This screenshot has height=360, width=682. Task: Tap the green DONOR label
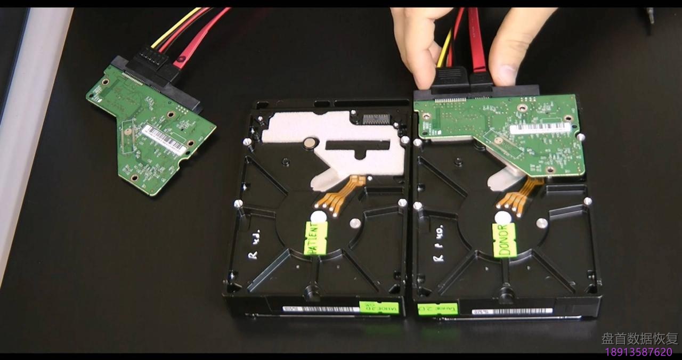click(x=504, y=240)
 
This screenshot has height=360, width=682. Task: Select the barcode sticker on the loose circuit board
click(x=164, y=140)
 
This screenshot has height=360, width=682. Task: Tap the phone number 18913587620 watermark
click(x=638, y=352)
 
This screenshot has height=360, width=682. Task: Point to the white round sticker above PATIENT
click(x=317, y=216)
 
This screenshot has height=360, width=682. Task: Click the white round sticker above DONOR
click(x=501, y=217)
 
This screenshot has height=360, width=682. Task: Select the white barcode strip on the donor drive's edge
click(x=506, y=310)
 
